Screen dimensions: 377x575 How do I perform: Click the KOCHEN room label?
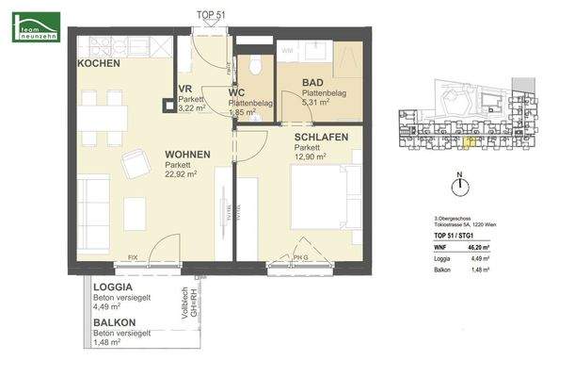[99, 63]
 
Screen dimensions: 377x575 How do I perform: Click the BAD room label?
[312, 82]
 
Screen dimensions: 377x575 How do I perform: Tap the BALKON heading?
[114, 323]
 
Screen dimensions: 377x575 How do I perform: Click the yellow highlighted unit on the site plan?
[470, 141]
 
